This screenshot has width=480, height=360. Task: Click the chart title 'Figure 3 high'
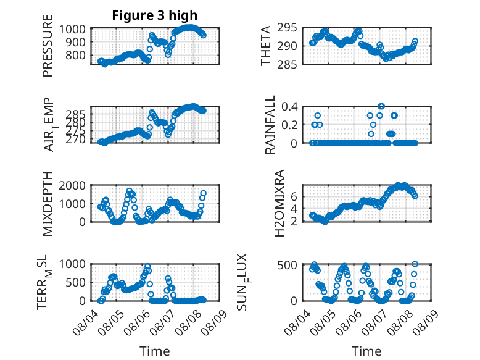point(155,15)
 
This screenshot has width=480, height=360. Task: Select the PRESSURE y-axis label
point(48,46)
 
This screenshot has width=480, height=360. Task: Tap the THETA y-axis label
point(266,46)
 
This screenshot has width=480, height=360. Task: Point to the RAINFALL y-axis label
point(270,125)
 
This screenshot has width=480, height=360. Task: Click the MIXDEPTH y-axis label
point(48,203)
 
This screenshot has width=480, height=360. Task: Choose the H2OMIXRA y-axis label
point(279,203)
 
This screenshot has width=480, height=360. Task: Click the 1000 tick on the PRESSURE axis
point(72,30)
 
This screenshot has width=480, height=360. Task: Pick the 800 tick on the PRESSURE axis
point(75,56)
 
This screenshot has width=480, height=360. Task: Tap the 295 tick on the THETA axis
point(287,28)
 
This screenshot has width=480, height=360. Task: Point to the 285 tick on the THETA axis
point(287,64)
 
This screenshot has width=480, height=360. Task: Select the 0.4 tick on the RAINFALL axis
point(289,107)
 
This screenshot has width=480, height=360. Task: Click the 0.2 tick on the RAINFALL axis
point(289,125)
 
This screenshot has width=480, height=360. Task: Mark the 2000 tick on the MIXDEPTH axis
point(72,185)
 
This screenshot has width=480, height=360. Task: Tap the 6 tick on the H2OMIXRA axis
point(294,196)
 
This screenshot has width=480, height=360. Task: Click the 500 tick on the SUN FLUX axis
point(287,265)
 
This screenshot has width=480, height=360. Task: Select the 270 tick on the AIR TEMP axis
point(75,140)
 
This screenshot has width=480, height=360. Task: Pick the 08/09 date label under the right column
point(426,322)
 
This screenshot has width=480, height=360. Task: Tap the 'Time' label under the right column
point(366,351)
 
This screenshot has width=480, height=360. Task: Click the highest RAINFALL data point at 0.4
point(381,106)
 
